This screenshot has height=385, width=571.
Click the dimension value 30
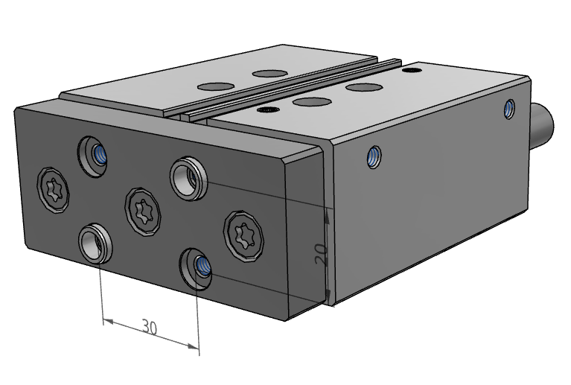click(150, 327)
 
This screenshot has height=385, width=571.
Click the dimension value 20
click(321, 254)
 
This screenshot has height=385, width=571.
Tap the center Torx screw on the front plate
click(143, 210)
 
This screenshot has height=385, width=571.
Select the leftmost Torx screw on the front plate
click(53, 190)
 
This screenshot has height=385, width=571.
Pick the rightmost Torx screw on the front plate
click(243, 235)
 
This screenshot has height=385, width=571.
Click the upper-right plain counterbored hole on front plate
click(188, 179)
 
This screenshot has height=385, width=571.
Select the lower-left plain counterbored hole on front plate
click(95, 244)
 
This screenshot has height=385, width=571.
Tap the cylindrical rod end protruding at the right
click(542, 125)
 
